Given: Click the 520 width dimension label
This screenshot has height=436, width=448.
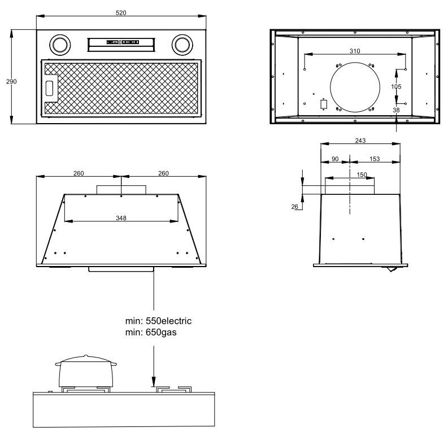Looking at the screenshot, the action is [121, 13].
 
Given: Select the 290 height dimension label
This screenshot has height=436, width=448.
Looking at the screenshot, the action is [11, 82].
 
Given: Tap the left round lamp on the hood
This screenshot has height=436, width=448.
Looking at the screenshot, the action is [60, 45].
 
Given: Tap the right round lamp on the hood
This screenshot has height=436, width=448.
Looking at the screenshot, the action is [182, 45].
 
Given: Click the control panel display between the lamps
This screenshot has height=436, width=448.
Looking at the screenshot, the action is [123, 42].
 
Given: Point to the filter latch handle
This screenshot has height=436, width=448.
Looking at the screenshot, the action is [49, 88].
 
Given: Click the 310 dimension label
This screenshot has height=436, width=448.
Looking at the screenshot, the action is [355, 51].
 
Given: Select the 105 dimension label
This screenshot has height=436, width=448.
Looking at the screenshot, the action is [396, 86].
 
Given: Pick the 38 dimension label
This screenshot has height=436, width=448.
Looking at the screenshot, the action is [396, 110].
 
